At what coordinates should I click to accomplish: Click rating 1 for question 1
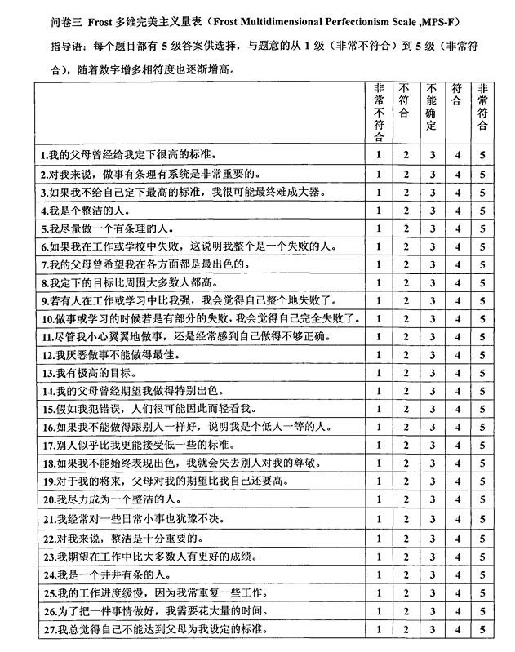tap(379, 154)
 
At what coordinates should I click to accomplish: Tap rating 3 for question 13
tap(432, 374)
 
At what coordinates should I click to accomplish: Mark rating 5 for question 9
tap(483, 301)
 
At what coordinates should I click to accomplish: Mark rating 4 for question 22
tap(458, 538)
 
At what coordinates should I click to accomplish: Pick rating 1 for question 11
tap(379, 337)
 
